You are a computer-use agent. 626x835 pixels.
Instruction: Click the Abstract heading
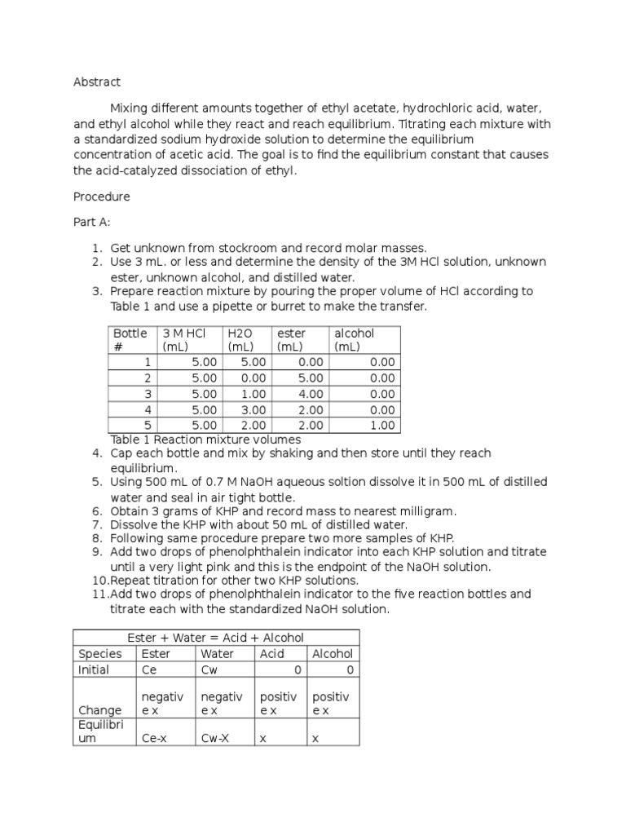pos(96,82)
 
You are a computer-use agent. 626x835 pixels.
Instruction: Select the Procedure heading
pos(101,197)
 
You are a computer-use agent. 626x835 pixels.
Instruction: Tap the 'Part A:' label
pos(91,222)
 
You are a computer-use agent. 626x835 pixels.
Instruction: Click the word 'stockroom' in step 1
pos(257,248)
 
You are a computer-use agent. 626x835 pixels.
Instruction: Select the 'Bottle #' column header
pos(130,340)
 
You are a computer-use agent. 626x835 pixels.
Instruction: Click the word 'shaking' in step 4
pos(299,453)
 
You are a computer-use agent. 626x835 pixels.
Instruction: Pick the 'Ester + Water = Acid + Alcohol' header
pos(215,637)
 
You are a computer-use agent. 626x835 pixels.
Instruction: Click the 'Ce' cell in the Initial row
pos(149,669)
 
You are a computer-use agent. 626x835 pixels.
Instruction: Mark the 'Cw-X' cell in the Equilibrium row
pos(214,738)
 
